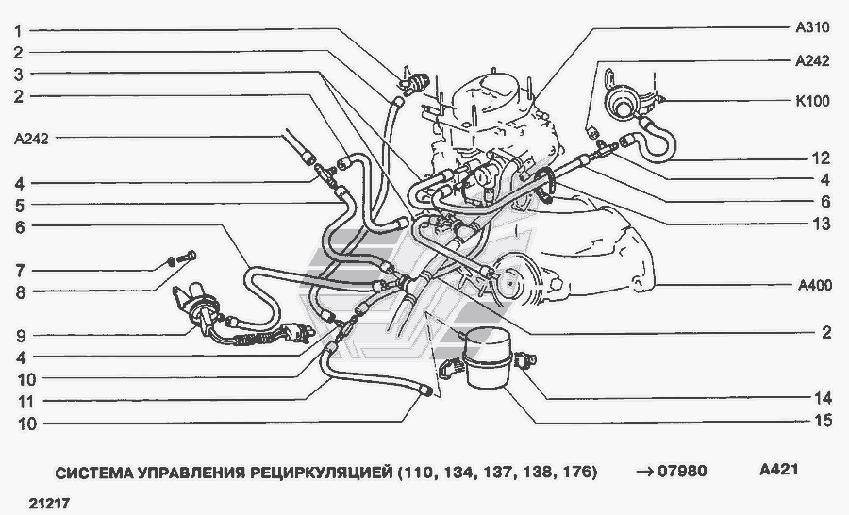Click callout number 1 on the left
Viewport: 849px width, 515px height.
[x=18, y=31]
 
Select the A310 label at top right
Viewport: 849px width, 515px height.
[x=812, y=27]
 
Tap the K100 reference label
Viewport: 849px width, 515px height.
[x=812, y=101]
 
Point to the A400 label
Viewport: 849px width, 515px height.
[x=815, y=285]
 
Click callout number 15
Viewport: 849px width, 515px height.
[x=823, y=421]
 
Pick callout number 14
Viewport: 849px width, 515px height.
[x=823, y=399]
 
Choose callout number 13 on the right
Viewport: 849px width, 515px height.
[x=822, y=224]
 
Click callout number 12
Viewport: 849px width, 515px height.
[x=822, y=158]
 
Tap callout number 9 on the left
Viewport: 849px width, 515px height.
[x=21, y=337]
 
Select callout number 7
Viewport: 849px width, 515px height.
[x=20, y=270]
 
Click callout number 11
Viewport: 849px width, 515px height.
[x=25, y=402]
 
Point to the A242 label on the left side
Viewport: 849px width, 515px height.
[x=31, y=140]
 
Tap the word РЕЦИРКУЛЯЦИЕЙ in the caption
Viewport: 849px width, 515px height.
[x=321, y=473]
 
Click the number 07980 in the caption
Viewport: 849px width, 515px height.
[x=682, y=471]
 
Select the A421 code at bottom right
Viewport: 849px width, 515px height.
[x=778, y=469]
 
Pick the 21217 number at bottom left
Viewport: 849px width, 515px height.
[x=49, y=504]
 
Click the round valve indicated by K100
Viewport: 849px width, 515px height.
[x=622, y=103]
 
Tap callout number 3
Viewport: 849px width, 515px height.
[x=19, y=75]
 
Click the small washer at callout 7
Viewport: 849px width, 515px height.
[x=171, y=261]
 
